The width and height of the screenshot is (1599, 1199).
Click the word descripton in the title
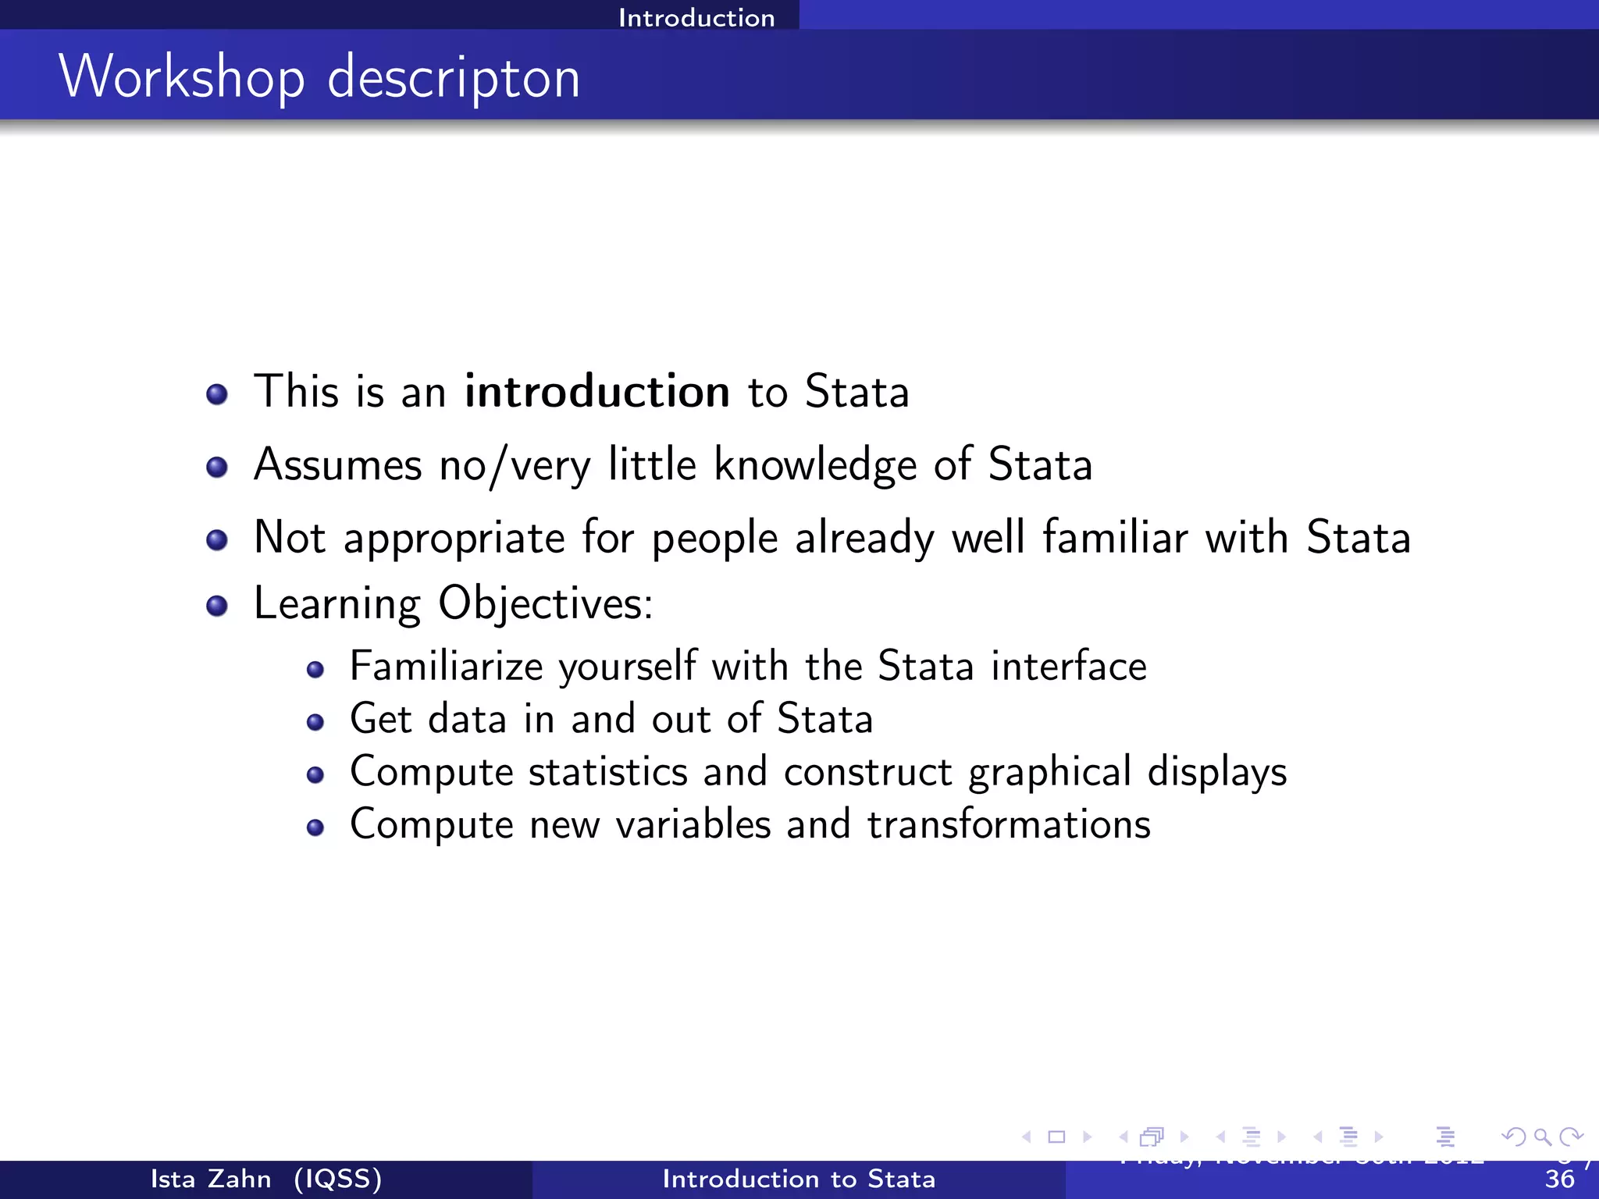[454, 78]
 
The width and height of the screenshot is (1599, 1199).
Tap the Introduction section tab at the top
[696, 17]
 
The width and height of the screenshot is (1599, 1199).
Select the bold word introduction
[597, 391]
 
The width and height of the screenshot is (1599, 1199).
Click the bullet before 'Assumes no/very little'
[217, 467]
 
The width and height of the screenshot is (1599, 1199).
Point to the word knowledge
[815, 465]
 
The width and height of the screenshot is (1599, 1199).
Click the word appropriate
[454, 539]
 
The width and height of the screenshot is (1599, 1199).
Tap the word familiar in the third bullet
[1115, 537]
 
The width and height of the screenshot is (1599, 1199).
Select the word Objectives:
[545, 603]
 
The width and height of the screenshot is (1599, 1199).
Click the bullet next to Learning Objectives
[217, 606]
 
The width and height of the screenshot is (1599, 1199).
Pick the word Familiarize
[446, 667]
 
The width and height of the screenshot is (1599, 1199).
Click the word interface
[1069, 667]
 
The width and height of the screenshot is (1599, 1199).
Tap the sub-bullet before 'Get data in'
[315, 722]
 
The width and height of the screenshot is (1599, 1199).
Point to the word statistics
[608, 772]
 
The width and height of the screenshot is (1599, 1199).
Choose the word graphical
[1050, 772]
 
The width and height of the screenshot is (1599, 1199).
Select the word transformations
[1009, 825]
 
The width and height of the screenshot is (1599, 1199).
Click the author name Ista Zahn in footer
[211, 1179]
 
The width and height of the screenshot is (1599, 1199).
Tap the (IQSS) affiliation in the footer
[338, 1179]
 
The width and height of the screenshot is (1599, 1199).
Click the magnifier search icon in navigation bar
[1542, 1137]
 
